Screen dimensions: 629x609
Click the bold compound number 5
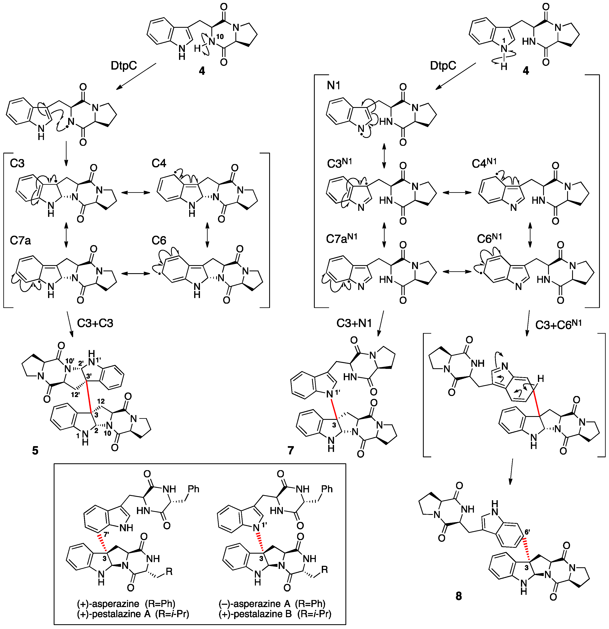click(35, 450)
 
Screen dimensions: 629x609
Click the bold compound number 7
click(291, 450)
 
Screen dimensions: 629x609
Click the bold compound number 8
click(458, 596)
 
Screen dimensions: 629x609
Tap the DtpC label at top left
click(123, 66)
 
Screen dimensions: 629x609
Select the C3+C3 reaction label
click(95, 323)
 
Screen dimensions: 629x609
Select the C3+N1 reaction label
click(354, 323)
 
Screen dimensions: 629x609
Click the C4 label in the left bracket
click(159, 163)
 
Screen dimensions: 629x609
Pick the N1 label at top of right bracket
click(334, 85)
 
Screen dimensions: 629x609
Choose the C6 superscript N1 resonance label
click(489, 238)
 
